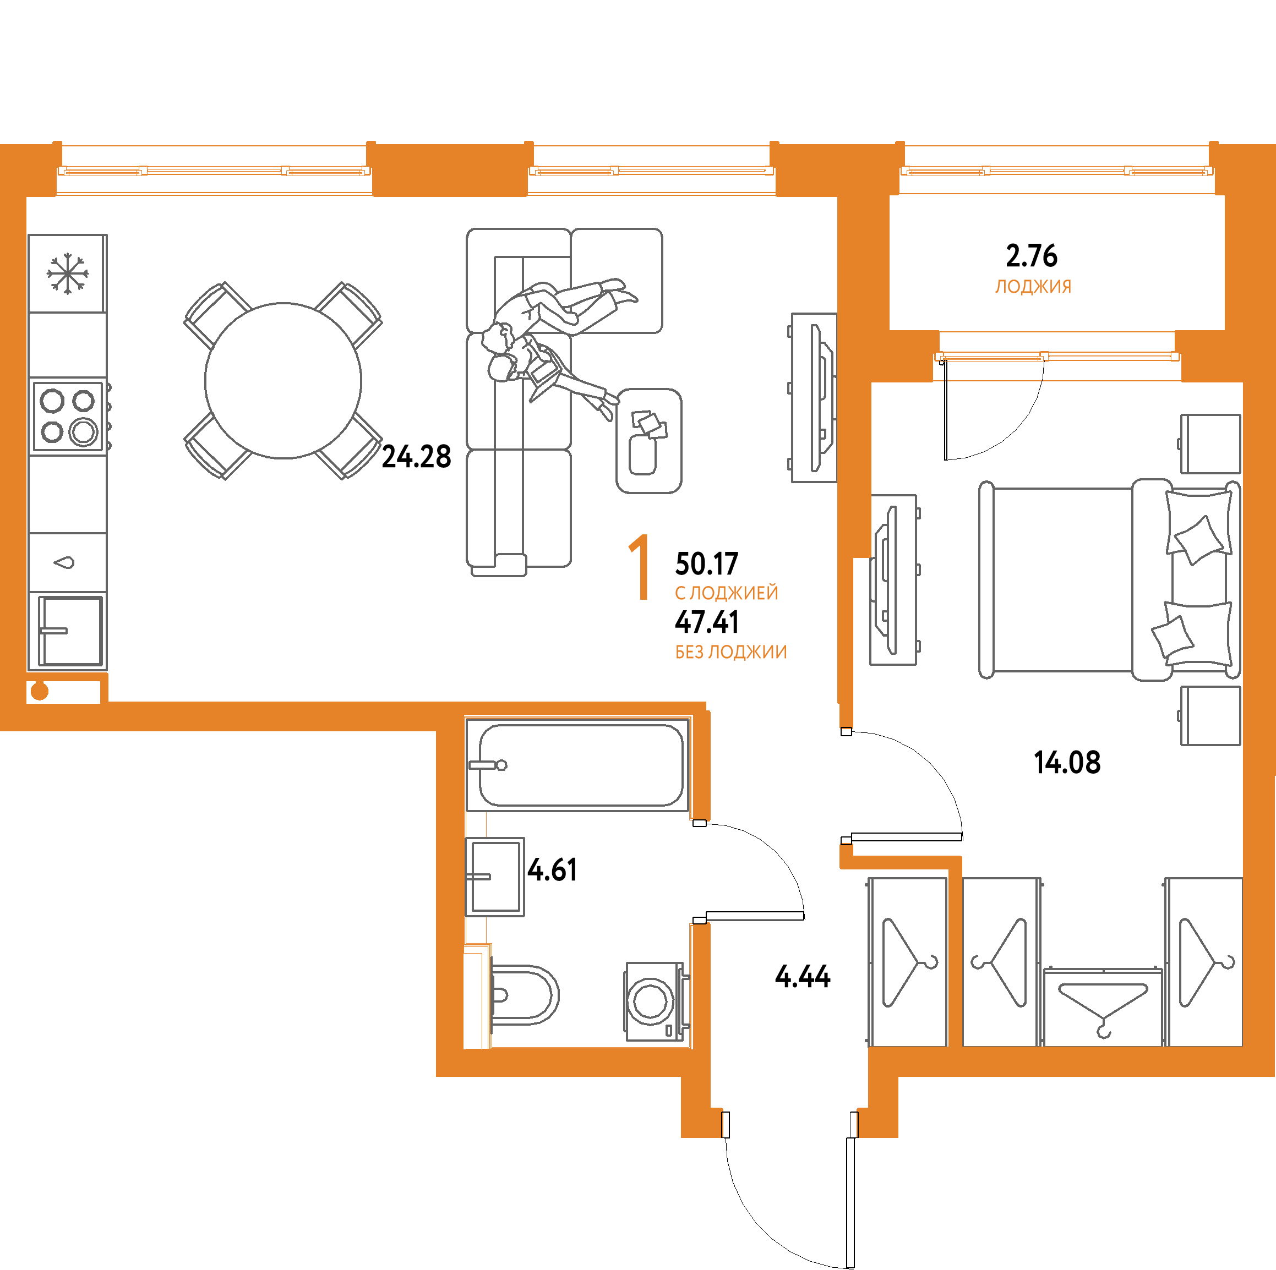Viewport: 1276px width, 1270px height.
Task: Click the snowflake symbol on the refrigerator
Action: click(x=67, y=274)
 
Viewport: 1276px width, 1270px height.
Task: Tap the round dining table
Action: click(x=283, y=381)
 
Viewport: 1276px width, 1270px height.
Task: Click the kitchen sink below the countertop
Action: click(x=70, y=631)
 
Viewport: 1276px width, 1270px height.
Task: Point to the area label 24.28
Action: click(x=416, y=457)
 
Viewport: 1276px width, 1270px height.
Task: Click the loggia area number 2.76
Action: click(x=1032, y=255)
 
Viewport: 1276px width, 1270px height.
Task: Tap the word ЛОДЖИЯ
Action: click(x=1033, y=287)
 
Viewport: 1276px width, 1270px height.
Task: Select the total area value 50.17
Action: click(x=707, y=563)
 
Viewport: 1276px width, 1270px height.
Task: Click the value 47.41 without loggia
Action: click(x=707, y=622)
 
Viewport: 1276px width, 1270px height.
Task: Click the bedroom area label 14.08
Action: click(x=1067, y=763)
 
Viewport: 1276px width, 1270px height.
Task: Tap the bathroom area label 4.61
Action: click(x=552, y=870)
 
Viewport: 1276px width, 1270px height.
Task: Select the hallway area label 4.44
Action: click(x=803, y=976)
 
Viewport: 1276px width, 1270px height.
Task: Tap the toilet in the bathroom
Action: click(x=524, y=995)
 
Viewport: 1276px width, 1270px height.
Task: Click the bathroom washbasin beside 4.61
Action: click(x=495, y=877)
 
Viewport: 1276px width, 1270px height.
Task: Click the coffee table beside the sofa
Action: click(x=648, y=440)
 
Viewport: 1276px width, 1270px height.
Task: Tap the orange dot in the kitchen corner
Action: click(x=40, y=691)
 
